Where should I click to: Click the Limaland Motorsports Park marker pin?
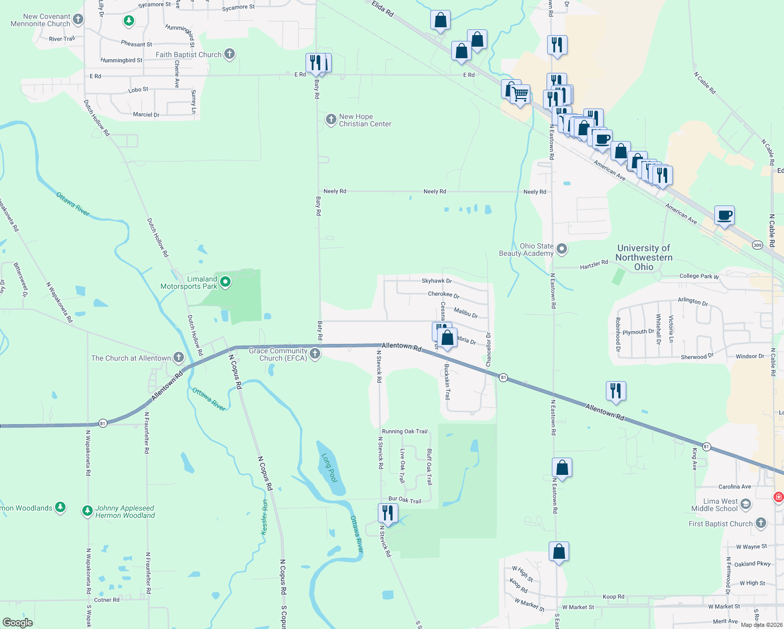point(225,282)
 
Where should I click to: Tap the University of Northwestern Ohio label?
point(644,257)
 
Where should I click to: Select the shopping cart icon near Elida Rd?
point(520,95)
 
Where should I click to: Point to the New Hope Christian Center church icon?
point(331,120)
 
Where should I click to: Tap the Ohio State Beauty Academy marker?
point(562,249)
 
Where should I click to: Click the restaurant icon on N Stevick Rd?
point(387,513)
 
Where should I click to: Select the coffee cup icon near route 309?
point(724,215)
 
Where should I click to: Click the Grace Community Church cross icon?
point(315,354)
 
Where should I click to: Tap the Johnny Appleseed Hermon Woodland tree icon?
point(88,511)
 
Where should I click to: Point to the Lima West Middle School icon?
point(746,504)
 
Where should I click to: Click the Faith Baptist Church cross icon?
point(229,54)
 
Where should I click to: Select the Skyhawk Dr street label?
point(437,281)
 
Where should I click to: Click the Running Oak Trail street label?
point(405,431)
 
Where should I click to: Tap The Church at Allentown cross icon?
point(178,358)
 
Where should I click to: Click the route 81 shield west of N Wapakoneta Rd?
point(103,423)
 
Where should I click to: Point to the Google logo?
point(17,622)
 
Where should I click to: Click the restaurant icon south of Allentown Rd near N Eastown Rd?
point(615,391)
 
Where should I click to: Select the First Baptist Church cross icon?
point(760,523)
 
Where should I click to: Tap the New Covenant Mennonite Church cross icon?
point(78,20)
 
